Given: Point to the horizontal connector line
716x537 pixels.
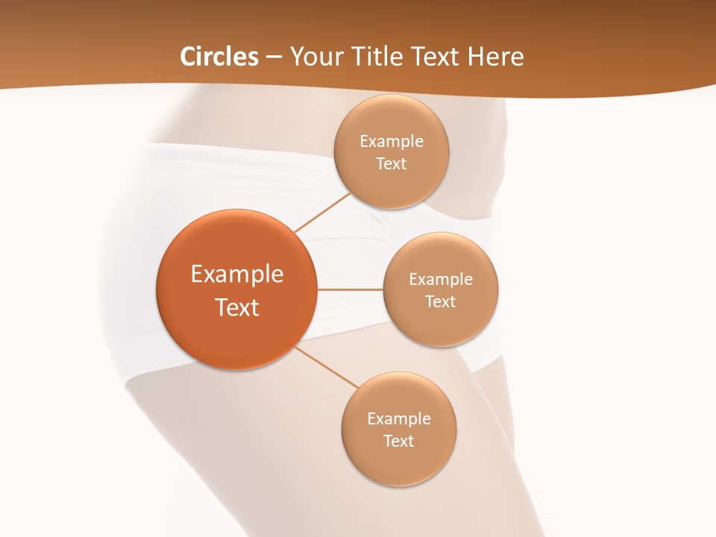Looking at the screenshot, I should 350,289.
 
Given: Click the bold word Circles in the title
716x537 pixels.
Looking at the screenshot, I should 219,57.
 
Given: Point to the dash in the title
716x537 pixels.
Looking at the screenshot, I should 274,57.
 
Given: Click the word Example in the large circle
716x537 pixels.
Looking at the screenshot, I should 237,274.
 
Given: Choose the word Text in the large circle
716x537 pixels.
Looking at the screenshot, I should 237,307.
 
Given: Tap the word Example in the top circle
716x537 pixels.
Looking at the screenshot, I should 392,142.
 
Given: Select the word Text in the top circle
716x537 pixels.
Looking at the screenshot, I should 391,164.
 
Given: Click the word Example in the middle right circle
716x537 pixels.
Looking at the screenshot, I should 441,280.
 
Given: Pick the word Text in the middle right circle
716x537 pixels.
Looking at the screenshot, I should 440,302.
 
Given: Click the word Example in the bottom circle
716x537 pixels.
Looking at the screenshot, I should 399,419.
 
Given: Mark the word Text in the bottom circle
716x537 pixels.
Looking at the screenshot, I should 398,442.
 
